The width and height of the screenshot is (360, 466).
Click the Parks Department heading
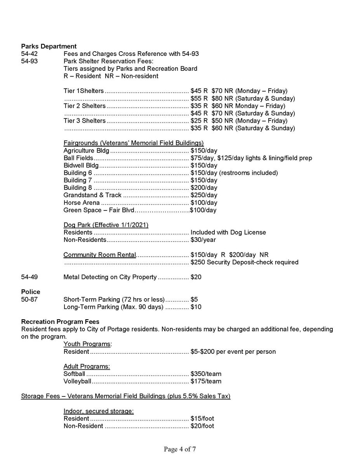coord(49,47)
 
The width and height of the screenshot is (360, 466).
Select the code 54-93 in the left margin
coord(30,61)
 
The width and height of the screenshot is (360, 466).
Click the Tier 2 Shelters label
coord(84,106)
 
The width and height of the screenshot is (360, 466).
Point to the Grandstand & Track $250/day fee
coord(204,195)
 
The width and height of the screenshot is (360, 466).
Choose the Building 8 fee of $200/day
coord(204,188)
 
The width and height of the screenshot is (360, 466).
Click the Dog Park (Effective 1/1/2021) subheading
coord(106,225)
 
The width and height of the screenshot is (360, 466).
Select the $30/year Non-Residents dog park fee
coord(203,240)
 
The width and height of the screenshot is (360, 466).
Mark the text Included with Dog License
coord(228,233)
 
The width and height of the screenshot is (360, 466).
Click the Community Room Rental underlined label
coord(99,255)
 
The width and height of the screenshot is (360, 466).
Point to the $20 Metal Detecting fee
coord(196,277)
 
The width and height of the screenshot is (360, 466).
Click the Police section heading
coord(31,292)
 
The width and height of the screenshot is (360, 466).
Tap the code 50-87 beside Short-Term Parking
coord(30,300)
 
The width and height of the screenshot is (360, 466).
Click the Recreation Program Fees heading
coord(60,322)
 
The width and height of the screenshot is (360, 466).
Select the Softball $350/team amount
coord(206,374)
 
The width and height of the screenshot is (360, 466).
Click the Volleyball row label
coord(77,381)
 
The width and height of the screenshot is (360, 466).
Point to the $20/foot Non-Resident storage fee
coord(202,426)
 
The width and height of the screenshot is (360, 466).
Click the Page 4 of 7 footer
coord(180,450)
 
